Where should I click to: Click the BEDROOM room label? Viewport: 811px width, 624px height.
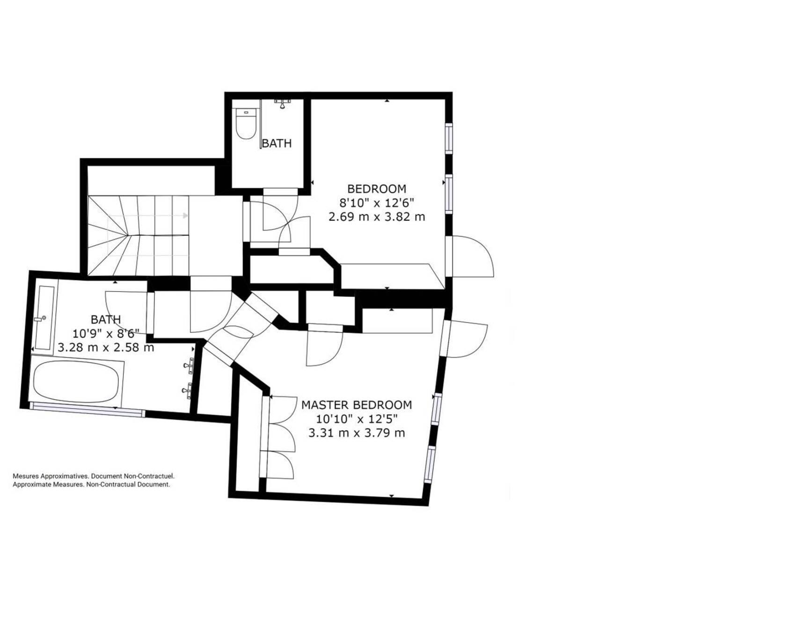tap(377, 189)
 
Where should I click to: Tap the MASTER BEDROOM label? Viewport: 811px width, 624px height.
tap(357, 405)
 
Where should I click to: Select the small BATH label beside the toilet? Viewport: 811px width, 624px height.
tap(277, 143)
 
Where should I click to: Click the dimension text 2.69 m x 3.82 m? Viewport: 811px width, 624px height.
tap(377, 217)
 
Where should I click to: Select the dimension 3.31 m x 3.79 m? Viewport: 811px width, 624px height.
tap(357, 433)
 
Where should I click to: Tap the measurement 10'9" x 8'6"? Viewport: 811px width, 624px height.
tap(106, 334)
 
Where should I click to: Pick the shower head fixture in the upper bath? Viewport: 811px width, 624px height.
tap(282, 103)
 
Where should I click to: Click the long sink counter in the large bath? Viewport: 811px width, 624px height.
tap(45, 317)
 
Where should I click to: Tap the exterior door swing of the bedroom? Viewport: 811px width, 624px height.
tap(473, 257)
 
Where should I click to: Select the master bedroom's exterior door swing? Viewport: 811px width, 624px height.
tap(467, 339)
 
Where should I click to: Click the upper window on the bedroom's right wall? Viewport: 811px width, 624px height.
tap(448, 138)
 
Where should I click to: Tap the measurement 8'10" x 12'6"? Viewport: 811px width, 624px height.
tap(377, 203)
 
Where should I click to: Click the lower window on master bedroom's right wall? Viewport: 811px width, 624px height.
tap(430, 464)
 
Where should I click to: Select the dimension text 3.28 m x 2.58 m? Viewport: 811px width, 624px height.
tap(106, 348)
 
